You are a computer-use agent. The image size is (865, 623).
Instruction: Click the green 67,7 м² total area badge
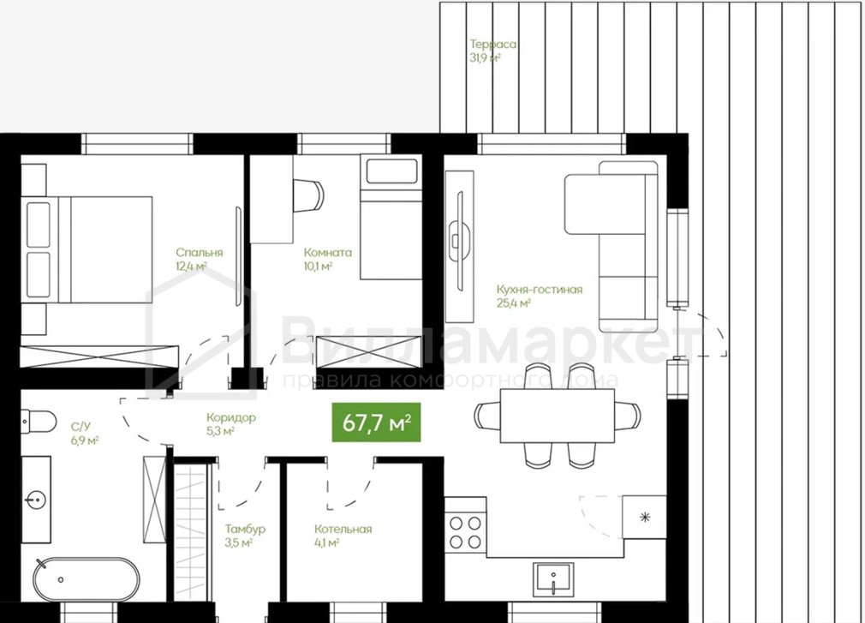tap(376, 422)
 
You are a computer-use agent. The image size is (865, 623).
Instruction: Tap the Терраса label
tap(492, 45)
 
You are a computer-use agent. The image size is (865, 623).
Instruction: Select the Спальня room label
tap(200, 252)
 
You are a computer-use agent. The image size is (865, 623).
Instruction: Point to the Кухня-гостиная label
tap(539, 289)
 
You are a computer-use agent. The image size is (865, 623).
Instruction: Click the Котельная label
tap(343, 529)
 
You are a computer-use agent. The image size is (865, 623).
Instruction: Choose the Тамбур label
tap(245, 529)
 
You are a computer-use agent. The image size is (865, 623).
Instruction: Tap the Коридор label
tap(231, 417)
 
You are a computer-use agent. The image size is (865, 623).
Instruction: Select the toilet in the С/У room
tap(38, 422)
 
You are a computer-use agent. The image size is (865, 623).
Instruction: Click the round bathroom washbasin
tap(36, 500)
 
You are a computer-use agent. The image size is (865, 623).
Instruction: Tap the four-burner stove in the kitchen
tap(465, 532)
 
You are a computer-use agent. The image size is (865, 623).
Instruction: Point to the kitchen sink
tap(553, 578)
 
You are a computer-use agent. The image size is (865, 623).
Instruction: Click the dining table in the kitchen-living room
tap(558, 415)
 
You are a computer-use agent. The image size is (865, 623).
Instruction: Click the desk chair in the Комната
tap(307, 195)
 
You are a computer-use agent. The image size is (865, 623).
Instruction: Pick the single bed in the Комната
tap(391, 216)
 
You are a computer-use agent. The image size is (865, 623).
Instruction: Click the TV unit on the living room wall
tap(460, 247)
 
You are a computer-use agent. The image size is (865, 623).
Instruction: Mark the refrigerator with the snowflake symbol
tap(644, 517)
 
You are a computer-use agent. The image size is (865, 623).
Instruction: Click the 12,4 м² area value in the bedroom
tap(191, 267)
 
